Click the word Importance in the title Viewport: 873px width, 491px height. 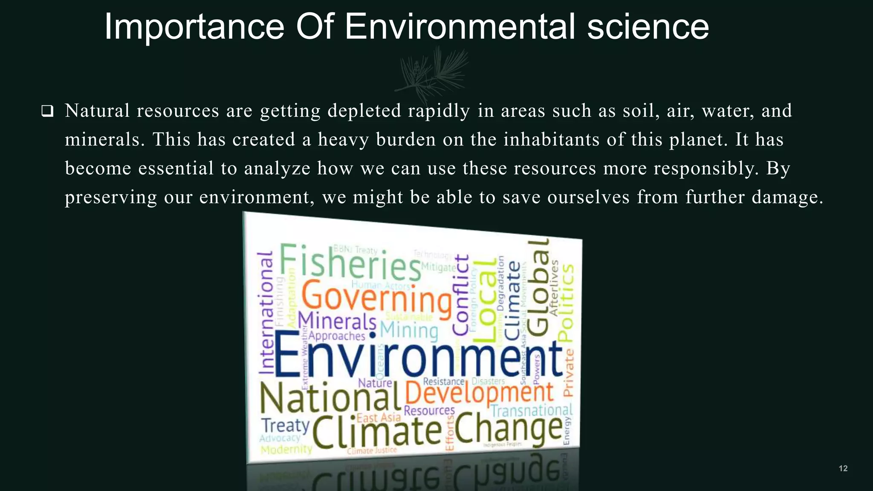[x=194, y=27]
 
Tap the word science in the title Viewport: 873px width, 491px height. [x=648, y=27]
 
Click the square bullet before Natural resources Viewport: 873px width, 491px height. [x=47, y=112]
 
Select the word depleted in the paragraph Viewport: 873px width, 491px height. [x=364, y=111]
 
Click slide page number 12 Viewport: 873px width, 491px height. [x=843, y=468]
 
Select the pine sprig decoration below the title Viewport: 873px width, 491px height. [x=433, y=72]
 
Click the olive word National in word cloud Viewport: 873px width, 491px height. [x=330, y=399]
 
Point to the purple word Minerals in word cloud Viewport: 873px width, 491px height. [x=337, y=321]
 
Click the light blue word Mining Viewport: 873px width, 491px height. [x=409, y=330]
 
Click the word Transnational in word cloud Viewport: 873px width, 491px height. [x=531, y=410]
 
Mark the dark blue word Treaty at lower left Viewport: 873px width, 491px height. [x=285, y=425]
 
